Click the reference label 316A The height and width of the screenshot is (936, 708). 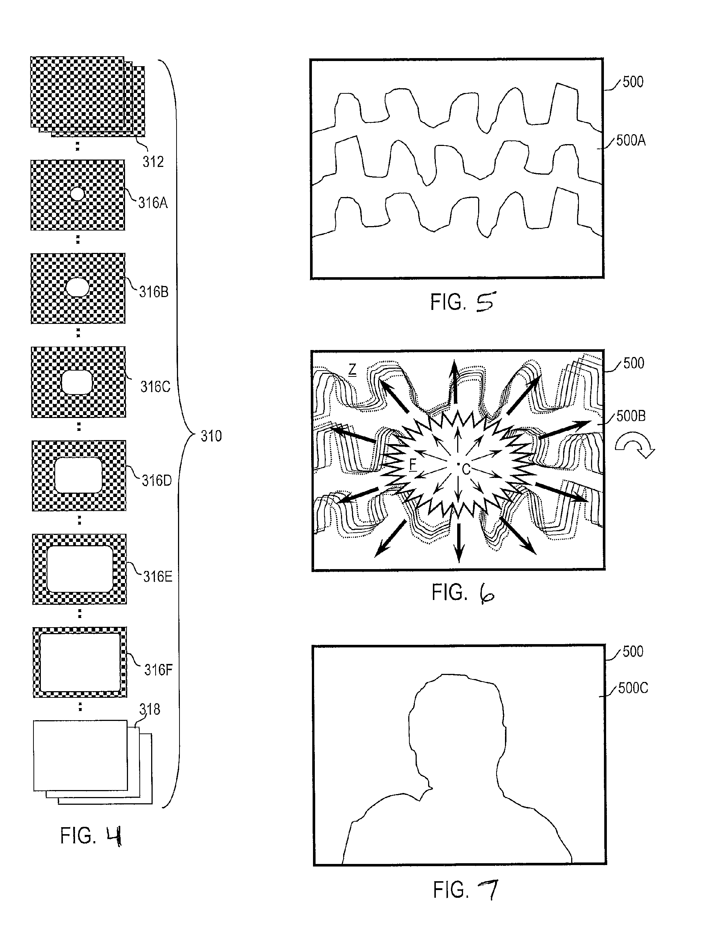(x=153, y=203)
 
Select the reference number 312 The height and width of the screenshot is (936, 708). (x=153, y=161)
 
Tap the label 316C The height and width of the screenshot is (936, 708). (x=156, y=387)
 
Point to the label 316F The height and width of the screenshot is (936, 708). (x=159, y=670)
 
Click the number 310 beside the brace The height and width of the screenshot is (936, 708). (x=211, y=436)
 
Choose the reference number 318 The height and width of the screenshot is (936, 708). (x=150, y=709)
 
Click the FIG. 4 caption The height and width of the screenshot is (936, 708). (x=92, y=837)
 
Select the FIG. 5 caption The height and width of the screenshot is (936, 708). (x=462, y=302)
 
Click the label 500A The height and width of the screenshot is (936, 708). (x=631, y=140)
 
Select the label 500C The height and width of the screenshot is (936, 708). (x=633, y=688)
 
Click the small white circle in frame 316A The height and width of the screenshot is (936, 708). (x=78, y=194)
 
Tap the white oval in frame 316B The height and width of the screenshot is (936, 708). (x=78, y=288)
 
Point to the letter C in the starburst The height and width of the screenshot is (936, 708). (x=466, y=469)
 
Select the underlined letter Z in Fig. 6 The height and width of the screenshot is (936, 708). (x=352, y=370)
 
